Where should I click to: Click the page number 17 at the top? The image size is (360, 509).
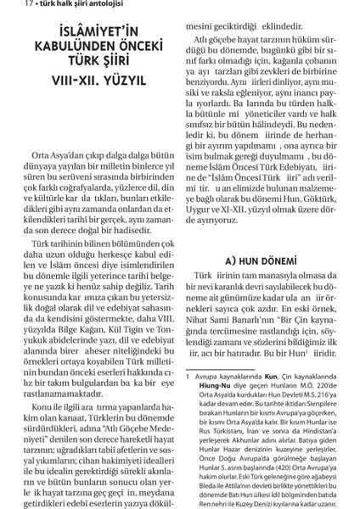pyautogui.click(x=8, y=7)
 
